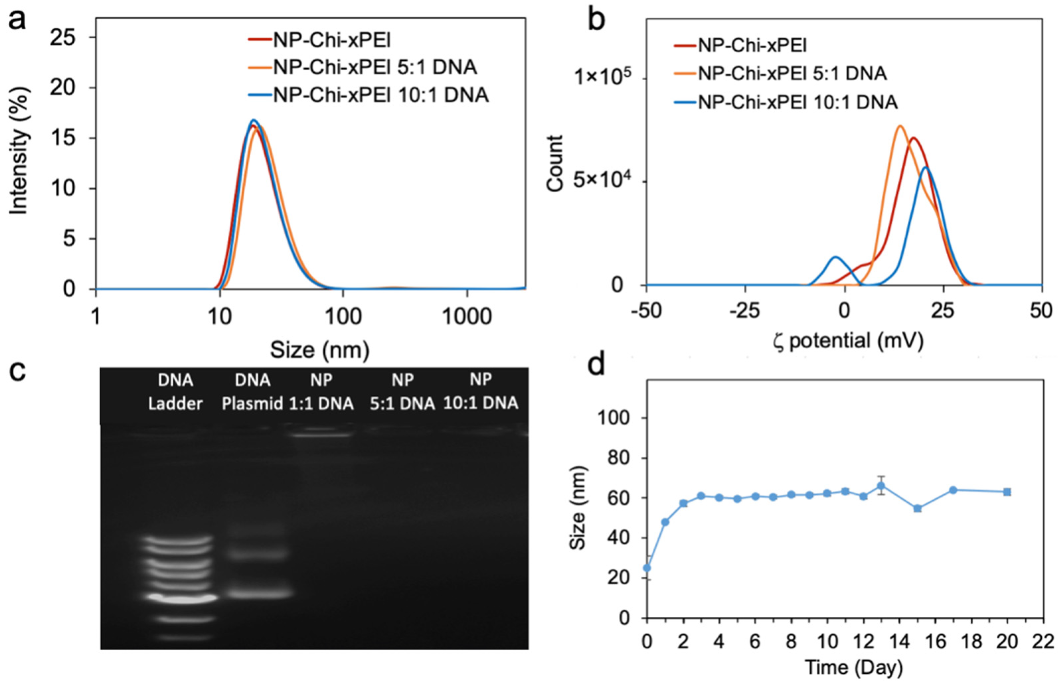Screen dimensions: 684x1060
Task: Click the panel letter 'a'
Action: coord(17,20)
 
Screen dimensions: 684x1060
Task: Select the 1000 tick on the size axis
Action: coord(467,317)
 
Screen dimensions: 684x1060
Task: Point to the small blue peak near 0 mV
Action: coord(836,258)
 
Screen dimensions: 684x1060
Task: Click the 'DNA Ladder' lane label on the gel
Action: coord(176,392)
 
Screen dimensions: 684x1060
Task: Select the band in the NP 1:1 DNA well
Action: coord(321,435)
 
